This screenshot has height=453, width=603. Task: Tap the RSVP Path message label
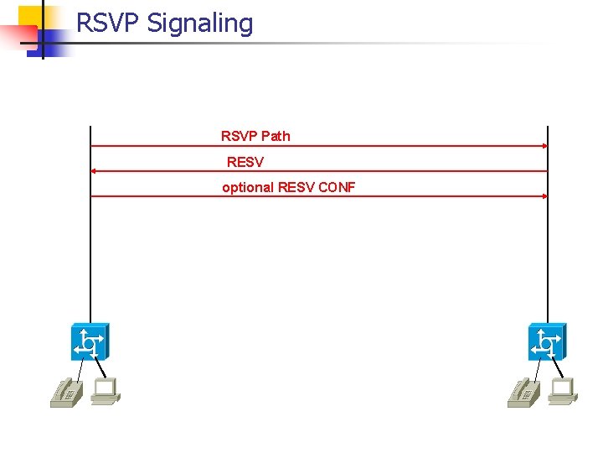[255, 136]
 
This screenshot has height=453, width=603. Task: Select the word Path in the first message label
[276, 136]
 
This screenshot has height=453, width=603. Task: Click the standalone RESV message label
[245, 161]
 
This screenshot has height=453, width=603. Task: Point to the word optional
[248, 187]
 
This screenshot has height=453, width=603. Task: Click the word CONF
[337, 187]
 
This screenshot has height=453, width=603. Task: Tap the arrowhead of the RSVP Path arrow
[544, 146]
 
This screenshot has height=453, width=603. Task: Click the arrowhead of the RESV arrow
[94, 171]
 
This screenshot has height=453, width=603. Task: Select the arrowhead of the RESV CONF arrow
[544, 196]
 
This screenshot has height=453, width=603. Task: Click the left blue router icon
[90, 341]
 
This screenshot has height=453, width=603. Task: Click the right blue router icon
[547, 341]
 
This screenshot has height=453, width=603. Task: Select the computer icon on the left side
[106, 391]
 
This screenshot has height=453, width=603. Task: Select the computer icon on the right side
[563, 391]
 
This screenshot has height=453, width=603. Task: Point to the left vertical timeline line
[90, 252]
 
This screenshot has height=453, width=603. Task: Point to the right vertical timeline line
[547, 252]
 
